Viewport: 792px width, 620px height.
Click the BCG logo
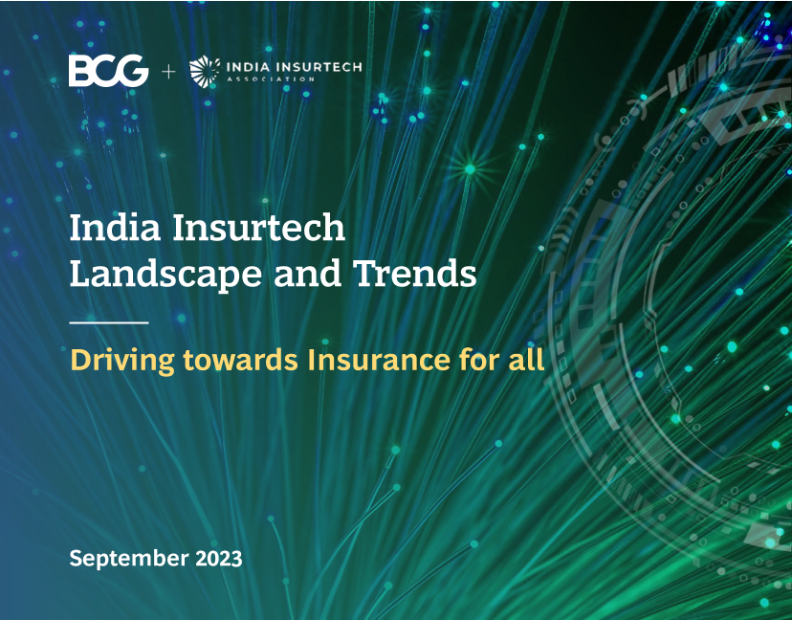(x=109, y=71)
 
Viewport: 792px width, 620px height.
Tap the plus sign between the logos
(x=168, y=73)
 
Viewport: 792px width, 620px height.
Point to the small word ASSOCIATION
(x=271, y=79)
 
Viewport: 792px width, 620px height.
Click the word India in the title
(x=115, y=228)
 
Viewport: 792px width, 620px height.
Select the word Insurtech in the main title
(x=258, y=228)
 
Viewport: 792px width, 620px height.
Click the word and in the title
(x=308, y=274)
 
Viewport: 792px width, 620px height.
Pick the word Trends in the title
(x=415, y=274)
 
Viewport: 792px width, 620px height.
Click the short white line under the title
(x=109, y=322)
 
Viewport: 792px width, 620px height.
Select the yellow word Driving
(x=122, y=362)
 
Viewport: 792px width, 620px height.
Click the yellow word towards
(x=240, y=360)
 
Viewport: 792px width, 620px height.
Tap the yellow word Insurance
(x=379, y=360)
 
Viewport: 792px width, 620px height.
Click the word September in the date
(x=129, y=560)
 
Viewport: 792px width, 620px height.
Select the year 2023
(x=219, y=559)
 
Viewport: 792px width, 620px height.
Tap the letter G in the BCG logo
(x=134, y=71)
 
